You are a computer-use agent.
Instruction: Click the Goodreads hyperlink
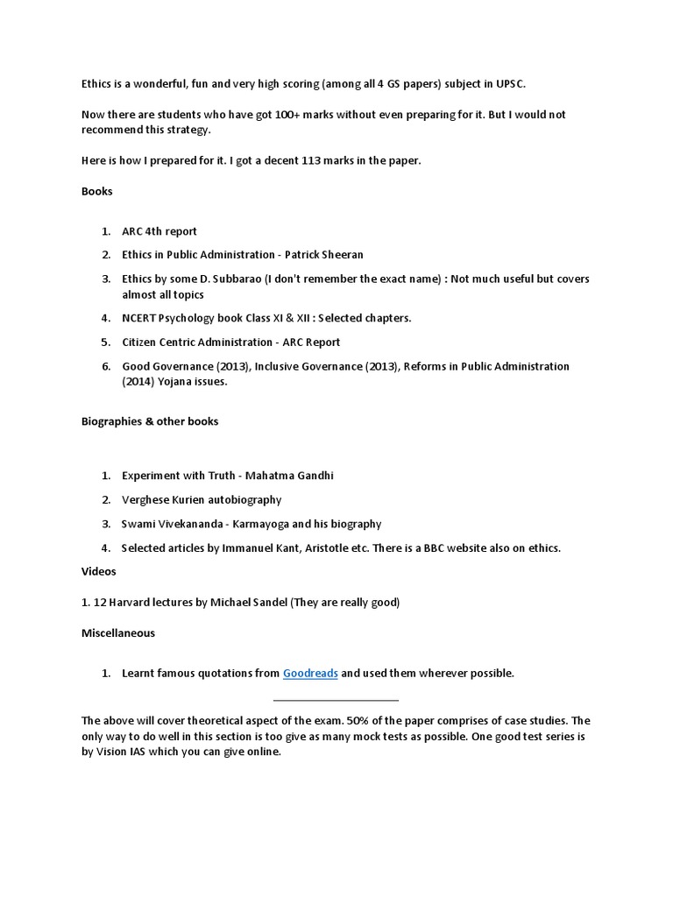(x=310, y=673)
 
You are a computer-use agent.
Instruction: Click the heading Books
(x=97, y=191)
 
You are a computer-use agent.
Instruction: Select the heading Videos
(x=99, y=571)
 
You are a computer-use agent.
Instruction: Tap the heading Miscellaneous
(x=118, y=632)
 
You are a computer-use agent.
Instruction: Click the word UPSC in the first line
(x=509, y=82)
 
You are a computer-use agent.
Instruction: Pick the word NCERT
(x=139, y=318)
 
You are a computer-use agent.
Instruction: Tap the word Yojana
(x=178, y=382)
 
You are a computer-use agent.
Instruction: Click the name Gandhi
(x=314, y=476)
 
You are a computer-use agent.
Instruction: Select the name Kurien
(x=184, y=499)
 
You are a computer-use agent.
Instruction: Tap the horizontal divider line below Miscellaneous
(x=336, y=700)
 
